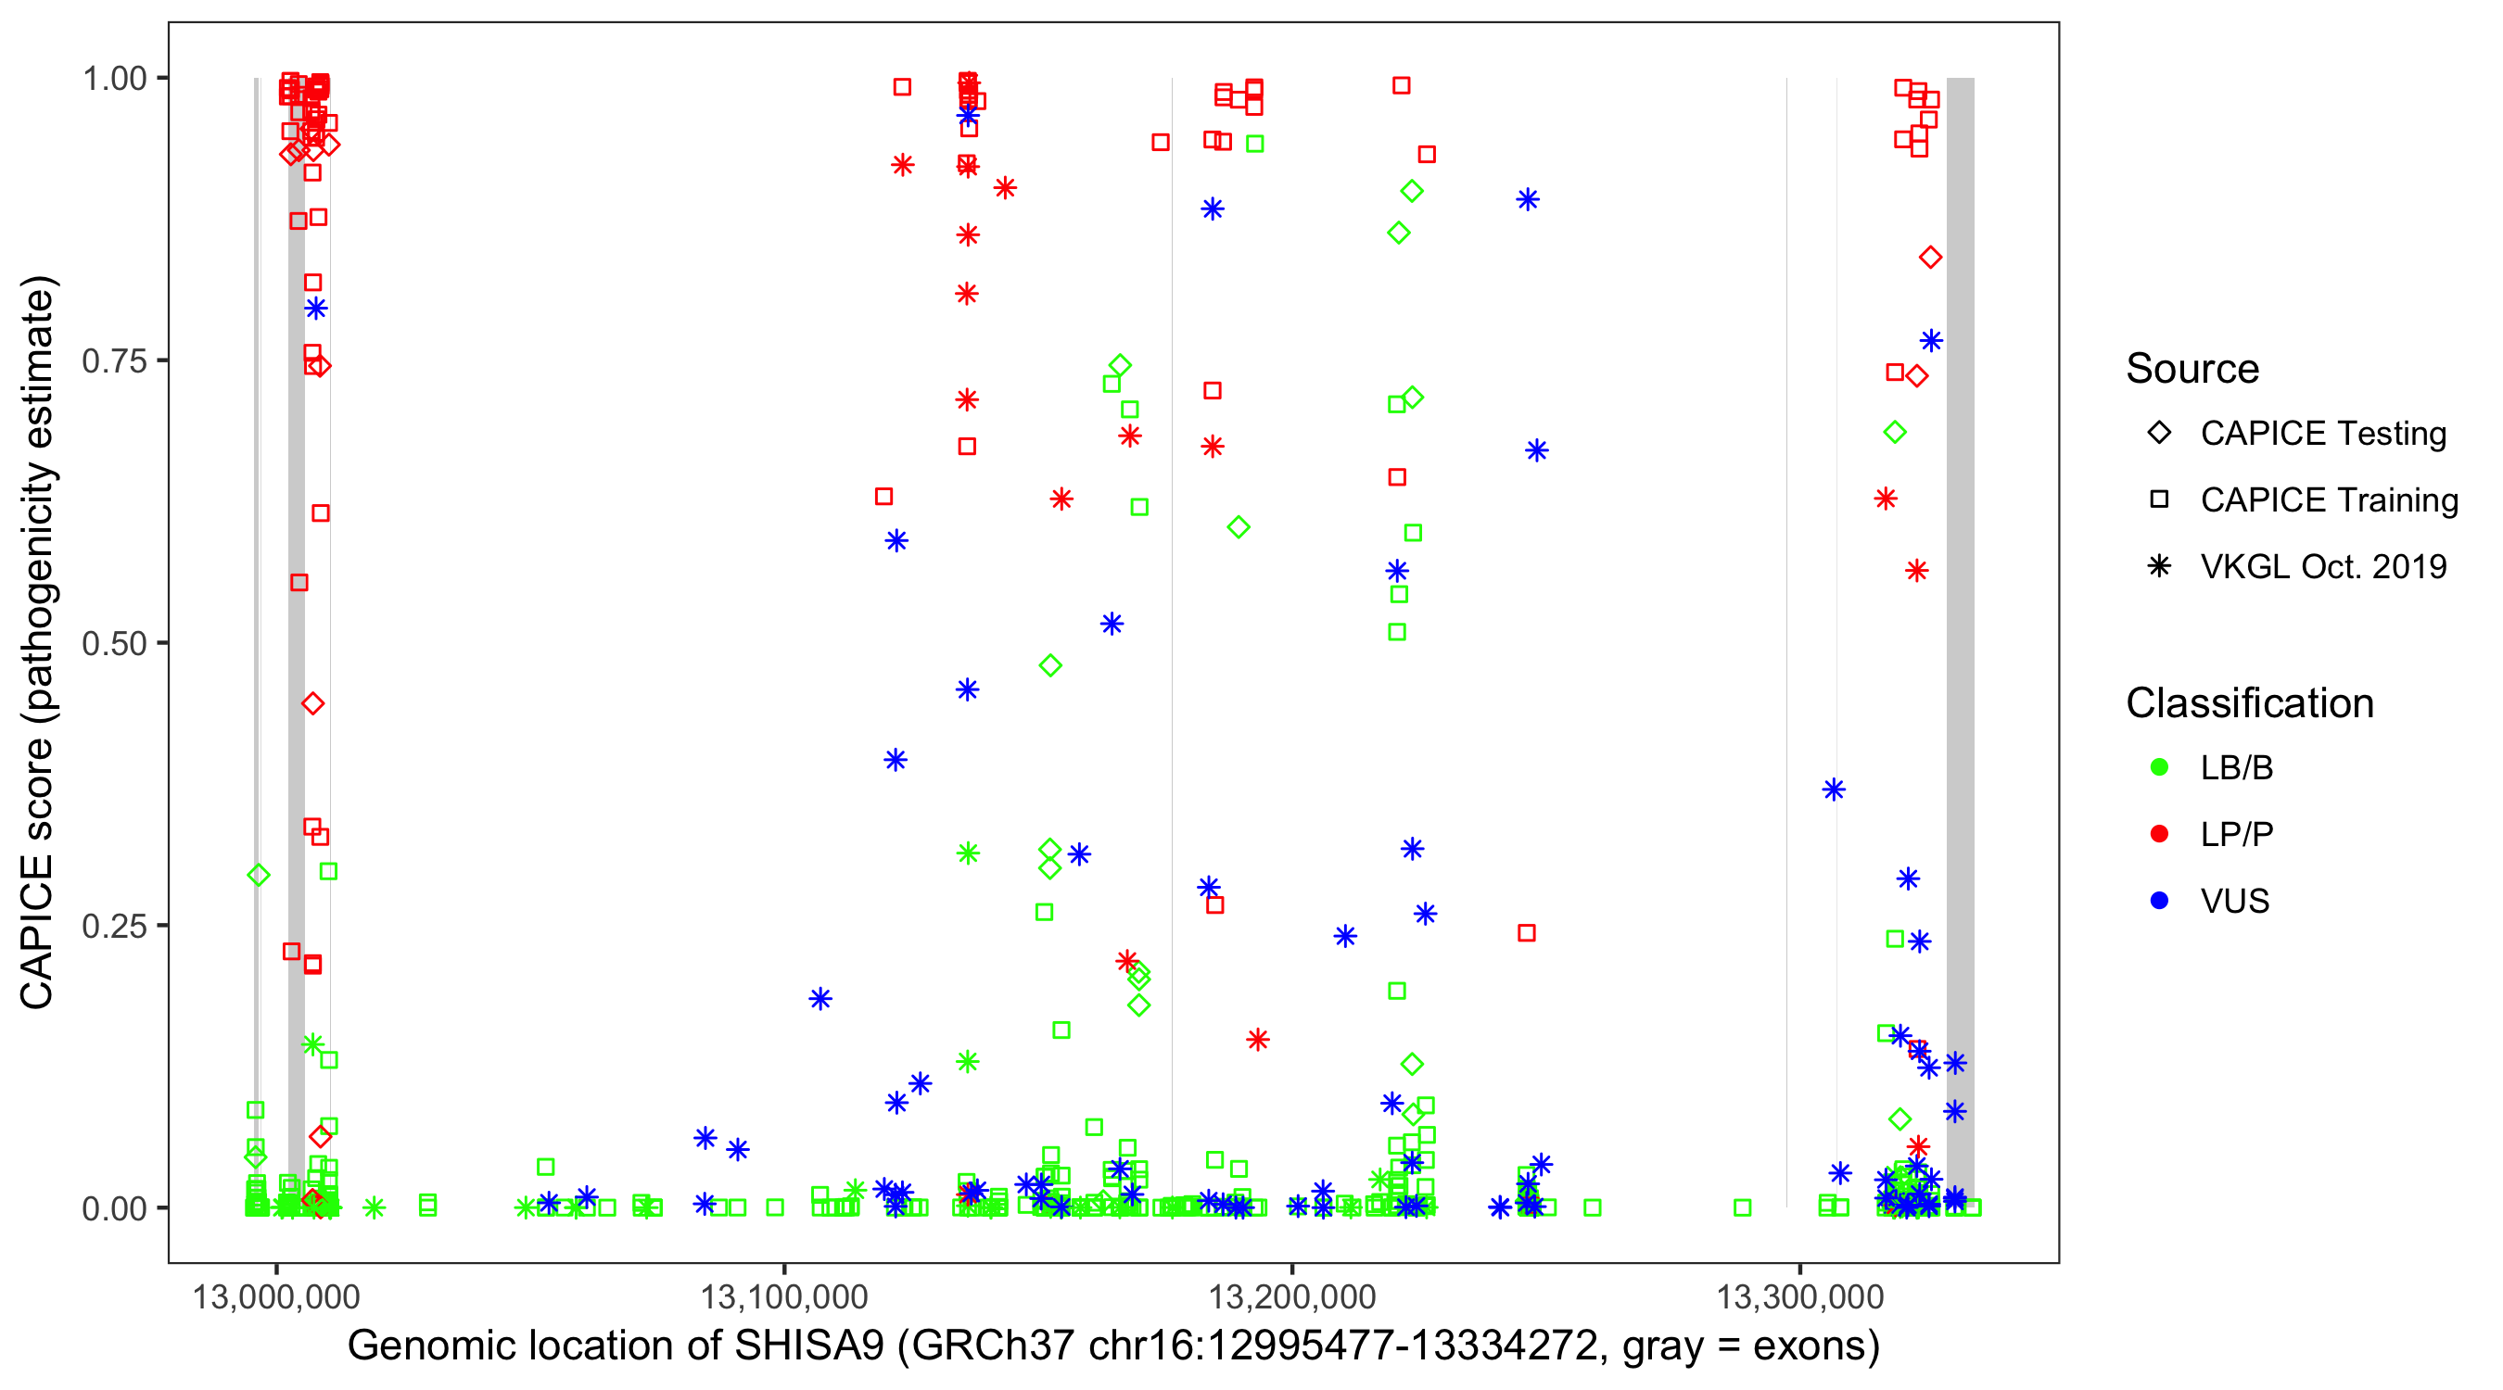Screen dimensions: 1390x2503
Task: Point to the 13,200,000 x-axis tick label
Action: [x=1292, y=1296]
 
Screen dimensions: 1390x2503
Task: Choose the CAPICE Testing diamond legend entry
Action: [x=2159, y=434]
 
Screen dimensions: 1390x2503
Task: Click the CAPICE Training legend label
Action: [x=2328, y=500]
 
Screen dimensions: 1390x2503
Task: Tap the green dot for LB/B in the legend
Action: [x=2159, y=767]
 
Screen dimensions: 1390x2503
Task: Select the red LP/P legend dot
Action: [x=2159, y=834]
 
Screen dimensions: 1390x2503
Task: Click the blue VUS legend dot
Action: [x=2159, y=901]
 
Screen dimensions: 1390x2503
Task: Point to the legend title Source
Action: [x=2192, y=369]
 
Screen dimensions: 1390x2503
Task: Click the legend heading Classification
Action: [x=2248, y=703]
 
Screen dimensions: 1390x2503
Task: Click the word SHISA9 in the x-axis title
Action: [x=808, y=1346]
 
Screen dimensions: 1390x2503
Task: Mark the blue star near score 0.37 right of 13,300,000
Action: [x=1834, y=790]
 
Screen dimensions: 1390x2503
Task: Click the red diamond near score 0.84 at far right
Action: [x=1931, y=258]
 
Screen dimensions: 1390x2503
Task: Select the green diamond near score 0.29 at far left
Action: [x=259, y=875]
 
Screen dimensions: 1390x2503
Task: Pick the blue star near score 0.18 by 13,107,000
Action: [x=820, y=999]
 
